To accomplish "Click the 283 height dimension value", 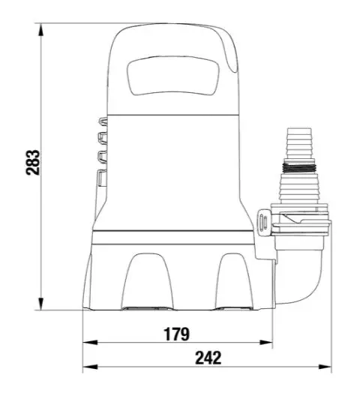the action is (x=33, y=162).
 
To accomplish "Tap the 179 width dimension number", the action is (x=176, y=334).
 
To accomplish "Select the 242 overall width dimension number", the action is (x=208, y=358).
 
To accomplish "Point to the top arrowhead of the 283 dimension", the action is (x=40, y=29).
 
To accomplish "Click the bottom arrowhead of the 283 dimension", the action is (x=40, y=304).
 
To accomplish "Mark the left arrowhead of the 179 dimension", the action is (x=90, y=342).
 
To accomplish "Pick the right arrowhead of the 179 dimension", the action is (x=265, y=342).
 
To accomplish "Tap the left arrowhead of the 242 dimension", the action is (x=90, y=367).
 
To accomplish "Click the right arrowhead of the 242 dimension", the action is (x=324, y=367).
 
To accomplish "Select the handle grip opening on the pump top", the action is (x=173, y=76).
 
